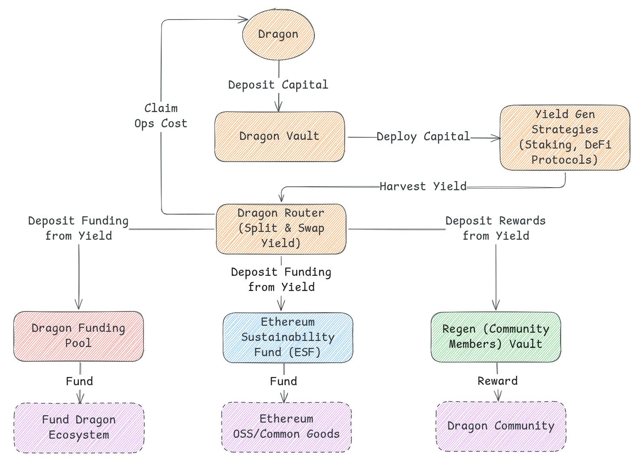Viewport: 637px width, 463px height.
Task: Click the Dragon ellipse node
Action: pyautogui.click(x=278, y=34)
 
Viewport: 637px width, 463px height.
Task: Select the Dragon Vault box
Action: pyautogui.click(x=279, y=136)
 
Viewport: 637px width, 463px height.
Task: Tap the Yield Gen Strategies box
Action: pyautogui.click(x=564, y=137)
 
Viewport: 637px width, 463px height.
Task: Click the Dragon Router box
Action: pyautogui.click(x=281, y=228)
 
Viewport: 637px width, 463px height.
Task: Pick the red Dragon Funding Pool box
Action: pyautogui.click(x=79, y=336)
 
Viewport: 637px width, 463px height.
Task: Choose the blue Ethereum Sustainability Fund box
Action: pyautogui.click(x=287, y=337)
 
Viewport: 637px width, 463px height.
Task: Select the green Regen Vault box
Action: pyautogui.click(x=495, y=337)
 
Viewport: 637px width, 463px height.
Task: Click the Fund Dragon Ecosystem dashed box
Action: pyautogui.click(x=79, y=428)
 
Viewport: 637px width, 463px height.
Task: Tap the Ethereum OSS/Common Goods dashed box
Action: pyautogui.click(x=287, y=427)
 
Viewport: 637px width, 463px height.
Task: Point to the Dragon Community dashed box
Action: pyautogui.click(x=501, y=426)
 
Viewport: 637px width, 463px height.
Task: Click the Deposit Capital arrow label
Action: pyautogui.click(x=278, y=85)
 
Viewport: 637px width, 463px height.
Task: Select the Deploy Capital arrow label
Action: pyautogui.click(x=423, y=137)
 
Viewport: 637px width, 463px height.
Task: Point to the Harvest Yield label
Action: pyautogui.click(x=423, y=187)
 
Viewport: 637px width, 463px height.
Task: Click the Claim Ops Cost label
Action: pyautogui.click(x=161, y=116)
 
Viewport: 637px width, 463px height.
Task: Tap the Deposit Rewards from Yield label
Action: pyautogui.click(x=495, y=228)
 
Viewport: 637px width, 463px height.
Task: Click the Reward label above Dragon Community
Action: pyautogui.click(x=498, y=381)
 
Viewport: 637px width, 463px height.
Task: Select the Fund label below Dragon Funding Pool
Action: pyautogui.click(x=79, y=381)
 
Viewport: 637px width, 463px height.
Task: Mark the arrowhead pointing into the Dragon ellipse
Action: pyautogui.click(x=244, y=19)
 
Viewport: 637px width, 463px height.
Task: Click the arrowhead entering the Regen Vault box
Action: pyautogui.click(x=496, y=306)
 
